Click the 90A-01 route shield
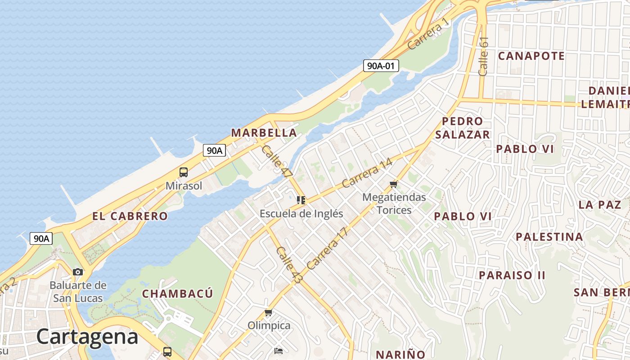click(381, 66)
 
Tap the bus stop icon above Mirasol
click(184, 172)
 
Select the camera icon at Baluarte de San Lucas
click(78, 272)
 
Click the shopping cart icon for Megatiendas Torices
click(394, 184)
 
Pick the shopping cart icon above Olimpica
click(269, 312)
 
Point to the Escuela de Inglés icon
click(301, 200)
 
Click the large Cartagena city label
click(87, 337)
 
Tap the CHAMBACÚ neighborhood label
click(177, 294)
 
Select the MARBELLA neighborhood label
click(264, 133)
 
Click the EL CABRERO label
click(130, 216)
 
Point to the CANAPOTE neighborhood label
click(531, 56)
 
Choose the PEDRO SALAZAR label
click(462, 128)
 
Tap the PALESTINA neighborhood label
click(549, 237)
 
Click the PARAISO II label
click(512, 275)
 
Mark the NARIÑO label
click(400, 354)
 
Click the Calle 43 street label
click(288, 265)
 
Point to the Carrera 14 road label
click(367, 173)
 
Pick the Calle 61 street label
click(483, 56)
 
